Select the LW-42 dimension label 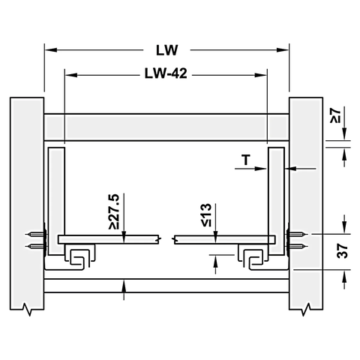166,75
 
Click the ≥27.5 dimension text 113,212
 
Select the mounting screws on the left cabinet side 34,239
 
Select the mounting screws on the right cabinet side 297,239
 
